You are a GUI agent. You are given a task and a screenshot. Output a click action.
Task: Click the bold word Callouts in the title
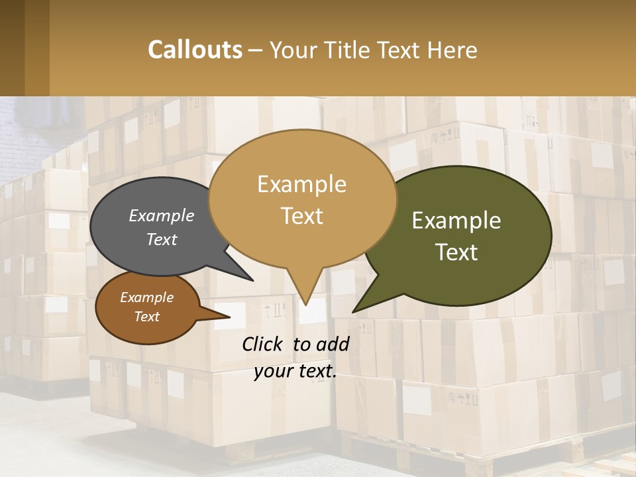(x=195, y=50)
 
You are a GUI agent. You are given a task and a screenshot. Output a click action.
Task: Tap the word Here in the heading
(x=452, y=50)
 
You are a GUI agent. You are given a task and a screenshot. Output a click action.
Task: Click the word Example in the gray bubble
(x=161, y=215)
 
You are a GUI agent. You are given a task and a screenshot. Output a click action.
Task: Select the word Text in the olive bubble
(x=457, y=252)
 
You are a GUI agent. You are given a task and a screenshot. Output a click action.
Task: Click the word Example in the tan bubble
(x=301, y=184)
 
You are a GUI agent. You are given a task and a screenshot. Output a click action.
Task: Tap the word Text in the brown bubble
(x=147, y=317)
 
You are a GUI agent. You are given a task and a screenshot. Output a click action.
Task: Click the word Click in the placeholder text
(x=263, y=344)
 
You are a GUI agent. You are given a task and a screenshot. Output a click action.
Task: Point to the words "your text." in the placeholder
(x=295, y=371)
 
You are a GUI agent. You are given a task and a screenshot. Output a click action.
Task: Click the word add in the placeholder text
(x=333, y=344)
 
